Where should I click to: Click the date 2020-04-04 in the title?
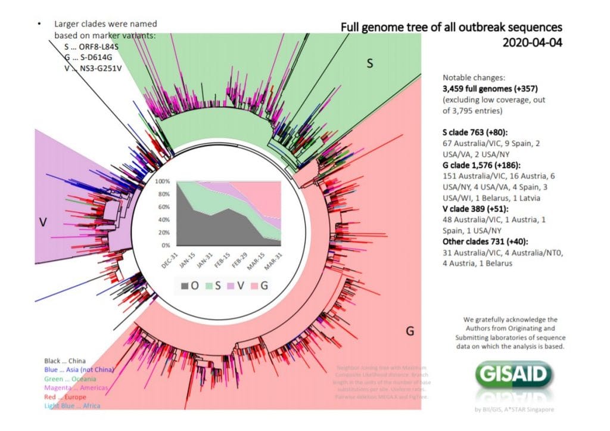[532, 42]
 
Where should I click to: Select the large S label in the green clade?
[369, 63]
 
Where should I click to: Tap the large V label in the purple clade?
[42, 221]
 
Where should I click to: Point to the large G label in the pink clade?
[409, 331]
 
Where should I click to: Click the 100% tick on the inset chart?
[163, 181]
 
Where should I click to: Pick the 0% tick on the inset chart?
[165, 245]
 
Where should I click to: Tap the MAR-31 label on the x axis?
[272, 260]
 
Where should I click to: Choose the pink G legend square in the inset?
[252, 286]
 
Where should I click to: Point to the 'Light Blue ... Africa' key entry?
[72, 405]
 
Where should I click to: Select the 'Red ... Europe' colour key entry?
[66, 396]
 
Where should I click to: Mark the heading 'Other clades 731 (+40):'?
[487, 241]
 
